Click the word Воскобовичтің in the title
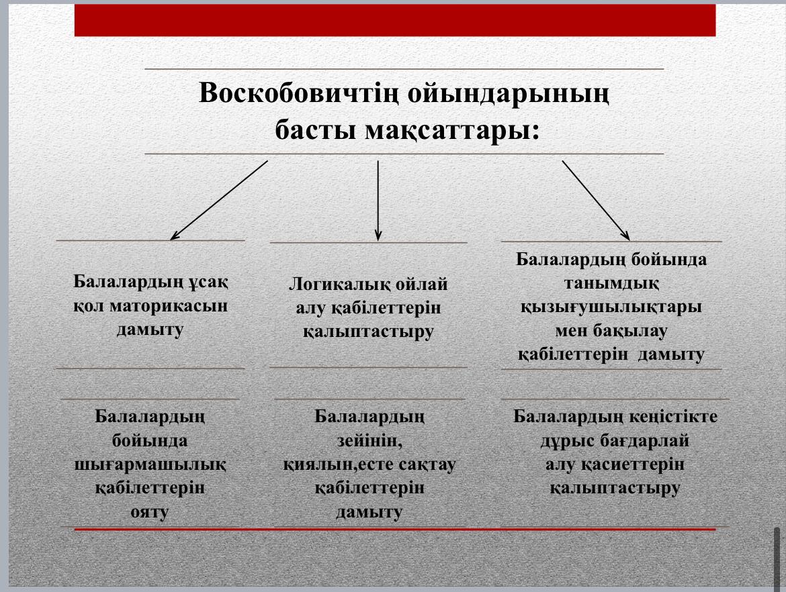pos(299,93)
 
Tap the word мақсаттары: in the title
pos(452,130)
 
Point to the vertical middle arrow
pos(378,200)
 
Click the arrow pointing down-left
pos(219,200)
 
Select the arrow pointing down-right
pos(595,200)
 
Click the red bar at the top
pos(395,20)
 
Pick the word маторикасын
pos(169,305)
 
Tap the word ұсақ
pos(208,282)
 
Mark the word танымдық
pos(611,284)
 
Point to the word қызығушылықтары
pos(611,307)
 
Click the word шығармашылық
pos(150,464)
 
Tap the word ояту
pos(149,512)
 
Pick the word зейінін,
pos(369,441)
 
